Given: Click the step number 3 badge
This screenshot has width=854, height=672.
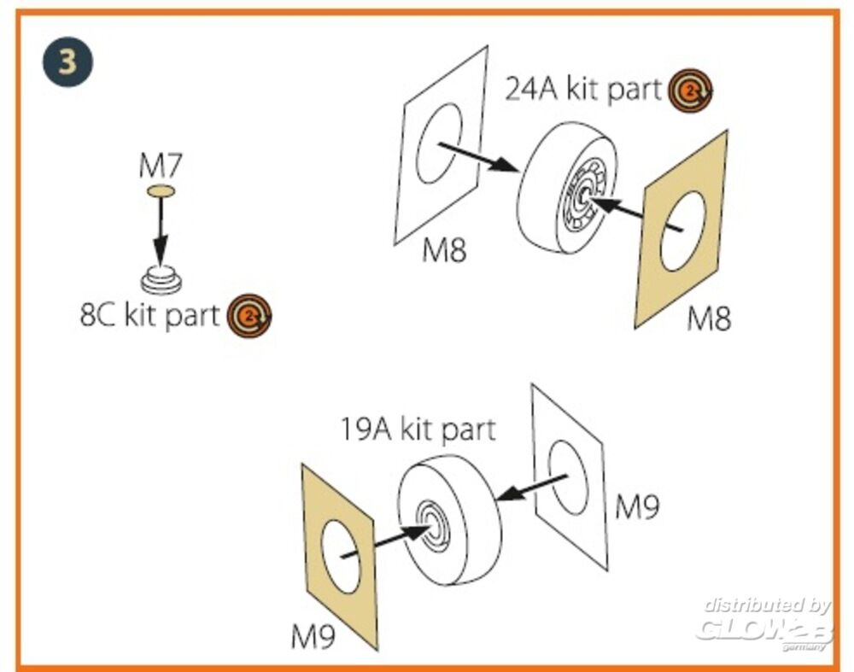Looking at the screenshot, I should pos(67,61).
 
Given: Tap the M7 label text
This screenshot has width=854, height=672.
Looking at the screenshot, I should pos(161,166).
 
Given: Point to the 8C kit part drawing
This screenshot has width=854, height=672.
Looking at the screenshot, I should pos(160,279).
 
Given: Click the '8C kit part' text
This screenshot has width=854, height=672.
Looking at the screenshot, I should pos(149,315).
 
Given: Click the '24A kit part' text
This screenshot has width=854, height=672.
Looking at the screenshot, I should pos(583,89).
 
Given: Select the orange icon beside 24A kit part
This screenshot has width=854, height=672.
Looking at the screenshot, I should pos(691,90).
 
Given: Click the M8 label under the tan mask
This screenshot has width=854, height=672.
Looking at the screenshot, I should pos(709,319).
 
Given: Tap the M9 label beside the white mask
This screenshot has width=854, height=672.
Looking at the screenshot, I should pos(637,508).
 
